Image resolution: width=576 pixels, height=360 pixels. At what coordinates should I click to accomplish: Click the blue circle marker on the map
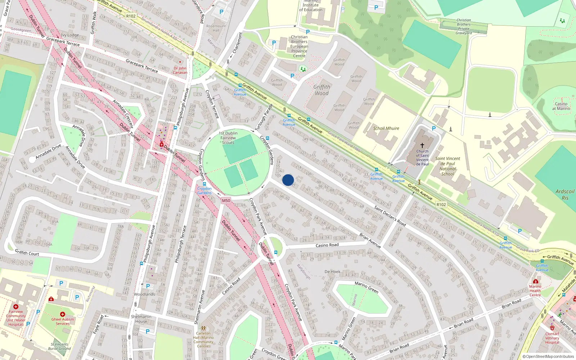[288, 180]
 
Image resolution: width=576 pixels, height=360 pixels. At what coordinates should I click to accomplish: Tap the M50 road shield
[226, 201]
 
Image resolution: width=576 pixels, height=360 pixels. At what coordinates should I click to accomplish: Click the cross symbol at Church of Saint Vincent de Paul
[422, 145]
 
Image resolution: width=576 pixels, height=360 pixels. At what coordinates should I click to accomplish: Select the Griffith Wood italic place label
[321, 90]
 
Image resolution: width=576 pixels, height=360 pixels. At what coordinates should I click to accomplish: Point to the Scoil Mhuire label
[386, 128]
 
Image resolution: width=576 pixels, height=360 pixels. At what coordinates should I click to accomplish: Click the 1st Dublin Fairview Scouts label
[228, 138]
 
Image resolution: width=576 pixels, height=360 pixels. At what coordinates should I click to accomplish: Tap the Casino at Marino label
[561, 106]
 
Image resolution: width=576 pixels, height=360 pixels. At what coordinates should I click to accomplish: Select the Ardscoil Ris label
[565, 194]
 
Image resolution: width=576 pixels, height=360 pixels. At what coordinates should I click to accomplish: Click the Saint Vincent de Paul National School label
[447, 166]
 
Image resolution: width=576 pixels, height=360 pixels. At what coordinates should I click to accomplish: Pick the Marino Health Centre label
[535, 291]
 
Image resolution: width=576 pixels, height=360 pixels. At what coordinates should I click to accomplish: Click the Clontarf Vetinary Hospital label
[552, 338]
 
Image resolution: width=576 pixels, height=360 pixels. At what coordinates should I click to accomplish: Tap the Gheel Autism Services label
[62, 321]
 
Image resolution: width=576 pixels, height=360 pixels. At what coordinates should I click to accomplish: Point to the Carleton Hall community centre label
[203, 339]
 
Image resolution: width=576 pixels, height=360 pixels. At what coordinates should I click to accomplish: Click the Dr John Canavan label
[180, 70]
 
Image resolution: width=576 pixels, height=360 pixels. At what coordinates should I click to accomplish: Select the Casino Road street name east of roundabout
[327, 245]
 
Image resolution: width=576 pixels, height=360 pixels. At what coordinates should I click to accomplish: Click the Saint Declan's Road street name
[390, 216]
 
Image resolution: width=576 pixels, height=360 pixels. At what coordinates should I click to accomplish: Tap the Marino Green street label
[366, 287]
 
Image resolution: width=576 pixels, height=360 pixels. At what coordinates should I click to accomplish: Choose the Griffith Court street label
[27, 253]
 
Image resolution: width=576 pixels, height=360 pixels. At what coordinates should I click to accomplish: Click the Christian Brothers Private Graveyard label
[464, 27]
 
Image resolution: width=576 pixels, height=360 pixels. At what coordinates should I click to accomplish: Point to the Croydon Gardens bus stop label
[204, 190]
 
